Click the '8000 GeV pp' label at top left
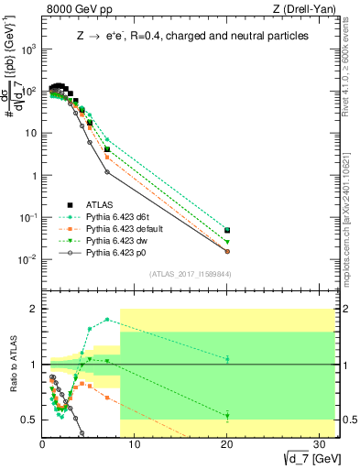tap(76, 10)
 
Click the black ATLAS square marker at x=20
tap(227, 231)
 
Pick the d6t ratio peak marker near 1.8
tap(107, 320)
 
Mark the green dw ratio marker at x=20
tap(227, 416)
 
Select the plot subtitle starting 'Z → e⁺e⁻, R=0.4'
tap(191, 36)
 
